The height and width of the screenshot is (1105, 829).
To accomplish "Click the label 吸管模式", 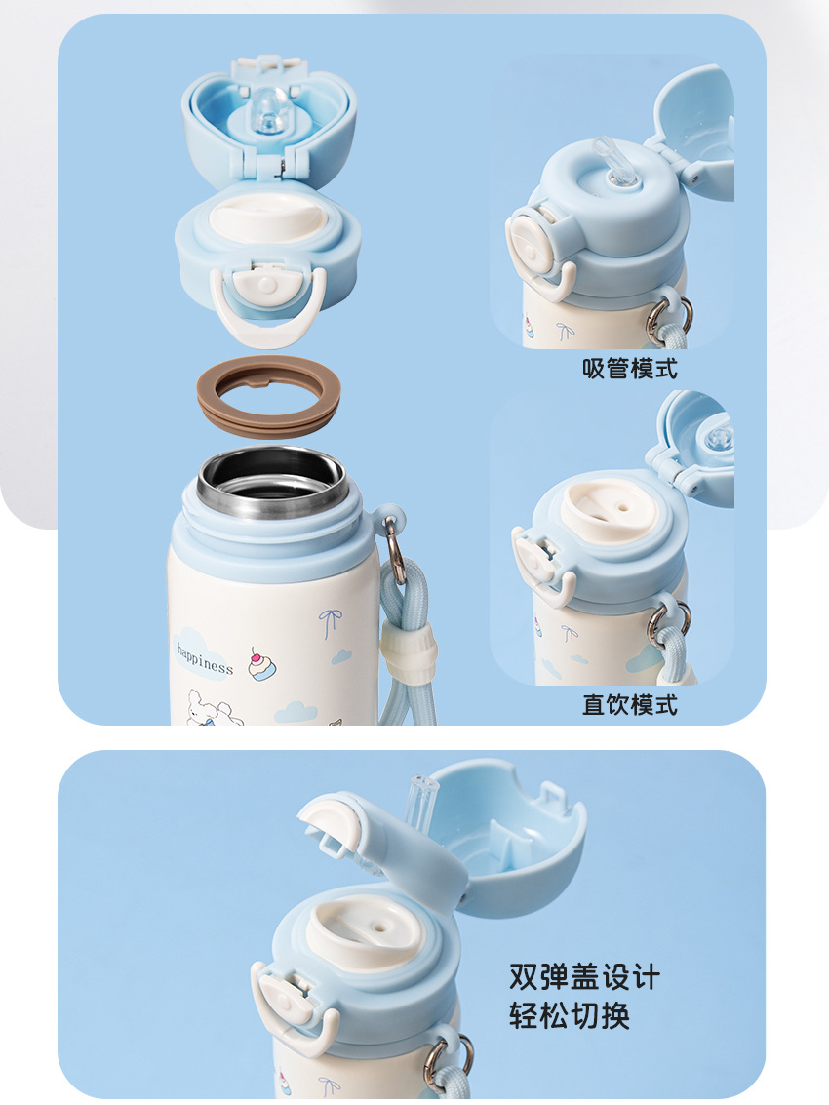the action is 629,369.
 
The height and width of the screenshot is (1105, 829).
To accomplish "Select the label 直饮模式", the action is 629,705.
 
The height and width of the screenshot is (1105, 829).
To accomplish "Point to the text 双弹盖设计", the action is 584,976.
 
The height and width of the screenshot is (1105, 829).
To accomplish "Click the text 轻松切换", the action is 570,1015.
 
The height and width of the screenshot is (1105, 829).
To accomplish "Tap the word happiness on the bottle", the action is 205,659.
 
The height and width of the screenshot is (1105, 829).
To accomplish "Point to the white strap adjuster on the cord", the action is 409,655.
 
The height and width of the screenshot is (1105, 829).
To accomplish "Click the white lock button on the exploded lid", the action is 267,284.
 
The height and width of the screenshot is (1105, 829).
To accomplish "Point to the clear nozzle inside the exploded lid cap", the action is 268,111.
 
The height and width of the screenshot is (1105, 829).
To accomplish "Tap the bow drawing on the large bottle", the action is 330,622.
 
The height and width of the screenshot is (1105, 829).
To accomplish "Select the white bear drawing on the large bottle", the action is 213,707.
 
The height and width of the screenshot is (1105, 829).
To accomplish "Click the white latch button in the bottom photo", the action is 287,995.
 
